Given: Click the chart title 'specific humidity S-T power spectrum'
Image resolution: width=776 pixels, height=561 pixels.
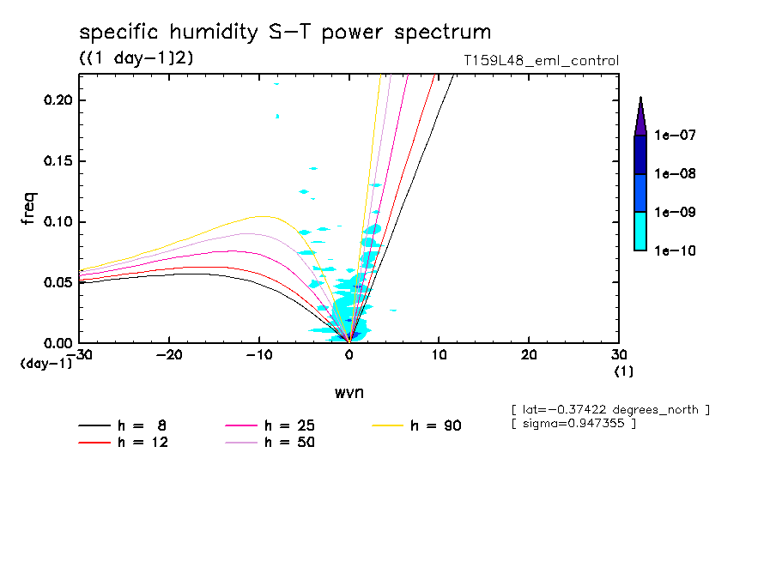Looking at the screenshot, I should [x=285, y=33].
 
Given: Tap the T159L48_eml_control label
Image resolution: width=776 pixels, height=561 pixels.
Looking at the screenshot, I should [x=540, y=61].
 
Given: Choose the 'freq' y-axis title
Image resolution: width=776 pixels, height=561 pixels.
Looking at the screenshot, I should [x=30, y=209].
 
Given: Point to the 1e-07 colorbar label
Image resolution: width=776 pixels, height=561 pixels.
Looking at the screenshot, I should [x=674, y=136].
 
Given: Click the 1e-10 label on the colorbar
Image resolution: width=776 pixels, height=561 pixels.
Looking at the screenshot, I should [x=674, y=251].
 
